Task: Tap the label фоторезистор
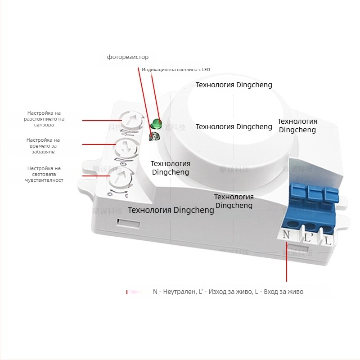[x=127, y=57]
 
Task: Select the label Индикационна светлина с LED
[x=175, y=70]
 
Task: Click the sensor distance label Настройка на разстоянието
[x=44, y=119]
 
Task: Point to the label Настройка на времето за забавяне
[x=43, y=146]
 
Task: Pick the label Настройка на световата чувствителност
[x=44, y=174]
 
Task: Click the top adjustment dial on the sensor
[x=130, y=121]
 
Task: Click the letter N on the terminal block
[x=286, y=235]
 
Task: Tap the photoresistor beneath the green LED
[x=154, y=136]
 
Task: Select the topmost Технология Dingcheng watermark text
[x=234, y=85]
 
